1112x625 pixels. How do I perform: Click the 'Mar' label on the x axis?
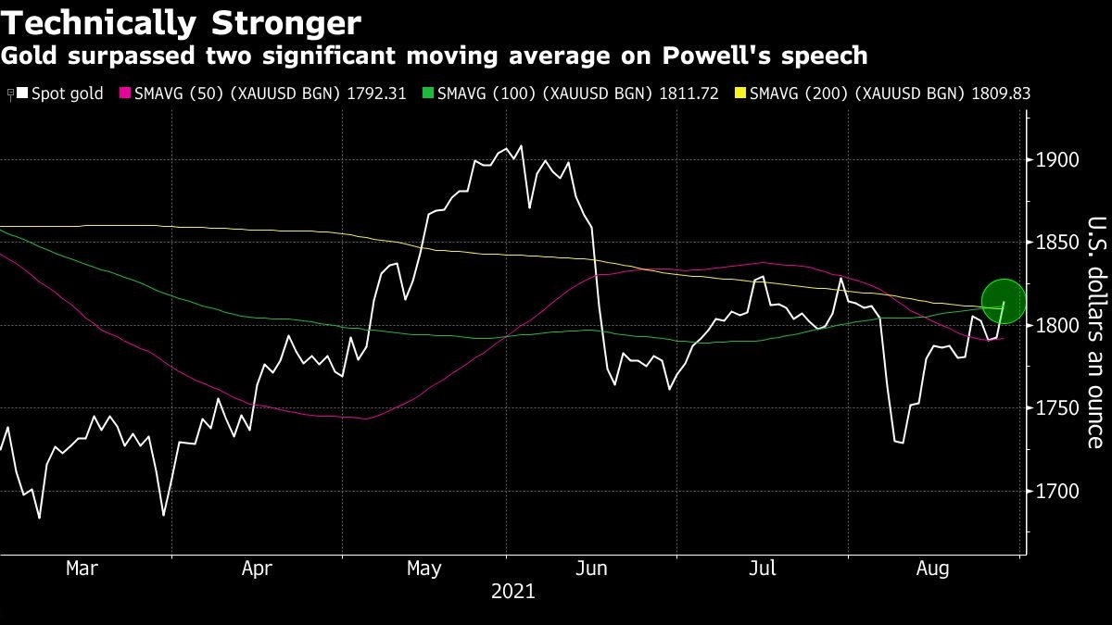click(82, 569)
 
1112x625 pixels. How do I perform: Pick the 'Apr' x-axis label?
click(257, 569)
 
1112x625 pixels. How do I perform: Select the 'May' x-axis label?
click(423, 569)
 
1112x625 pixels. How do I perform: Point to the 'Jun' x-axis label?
click(592, 569)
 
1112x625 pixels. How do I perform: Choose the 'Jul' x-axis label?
click(762, 569)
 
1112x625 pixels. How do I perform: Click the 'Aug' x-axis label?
click(932, 569)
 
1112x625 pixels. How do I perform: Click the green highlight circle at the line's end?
click(1003, 302)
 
